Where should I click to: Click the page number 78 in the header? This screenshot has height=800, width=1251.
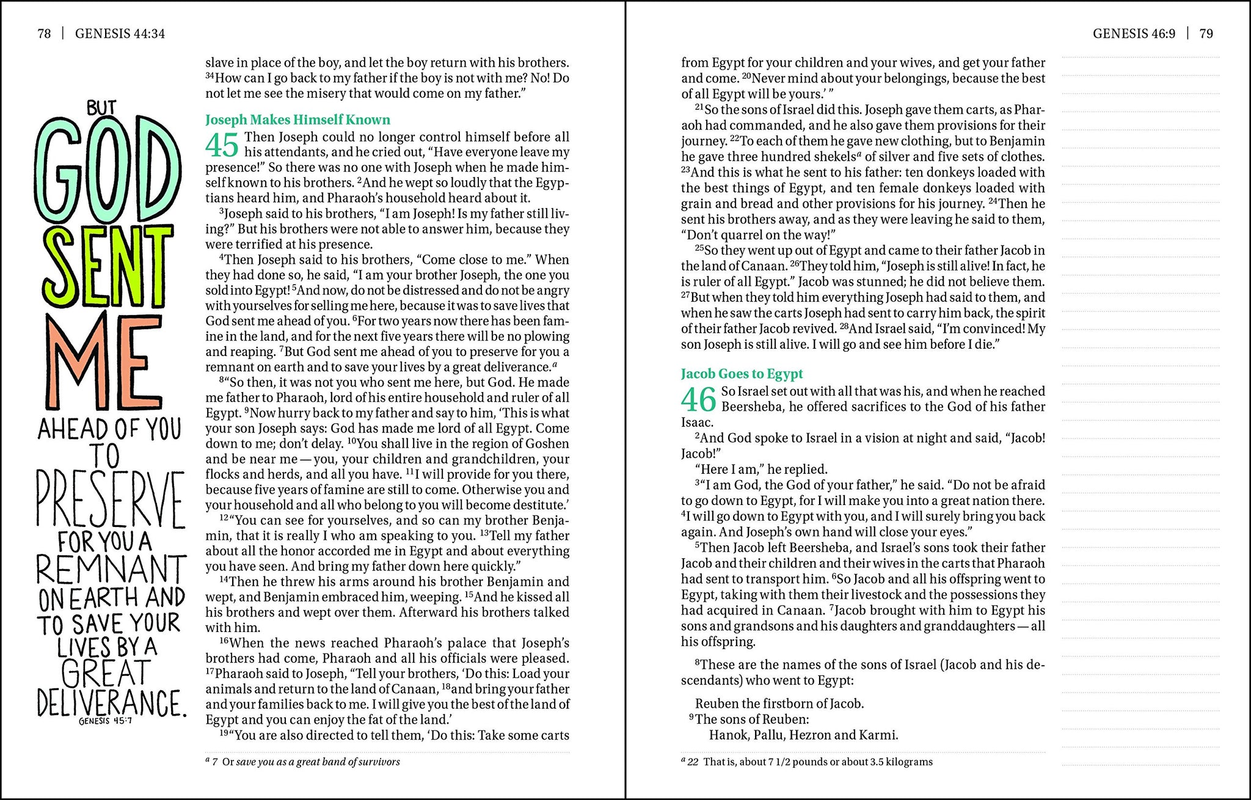click(44, 34)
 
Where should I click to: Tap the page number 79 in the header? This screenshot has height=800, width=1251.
click(1206, 34)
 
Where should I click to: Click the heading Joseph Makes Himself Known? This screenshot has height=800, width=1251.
click(297, 120)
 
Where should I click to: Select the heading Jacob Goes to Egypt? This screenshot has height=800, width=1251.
click(742, 374)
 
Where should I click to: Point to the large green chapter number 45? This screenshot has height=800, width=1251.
click(222, 145)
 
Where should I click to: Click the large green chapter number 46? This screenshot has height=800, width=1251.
click(698, 400)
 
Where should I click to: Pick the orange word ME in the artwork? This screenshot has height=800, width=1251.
click(98, 360)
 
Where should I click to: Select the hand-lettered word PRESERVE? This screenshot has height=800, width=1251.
click(110, 500)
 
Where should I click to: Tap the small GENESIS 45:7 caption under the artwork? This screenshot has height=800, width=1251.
click(105, 721)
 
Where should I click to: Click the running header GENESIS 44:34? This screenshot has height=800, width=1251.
click(120, 34)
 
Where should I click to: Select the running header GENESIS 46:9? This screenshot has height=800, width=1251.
click(1134, 34)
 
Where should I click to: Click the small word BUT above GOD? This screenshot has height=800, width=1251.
click(101, 108)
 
